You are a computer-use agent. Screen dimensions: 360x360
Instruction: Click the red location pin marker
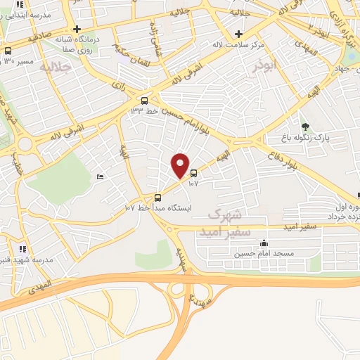(180, 166)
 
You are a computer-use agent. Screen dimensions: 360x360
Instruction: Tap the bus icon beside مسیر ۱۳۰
(8, 51)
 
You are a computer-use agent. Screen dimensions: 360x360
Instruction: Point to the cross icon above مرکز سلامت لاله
(239, 34)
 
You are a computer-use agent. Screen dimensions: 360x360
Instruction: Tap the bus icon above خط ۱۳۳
(144, 101)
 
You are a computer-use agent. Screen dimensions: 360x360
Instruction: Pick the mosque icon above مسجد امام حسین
(263, 243)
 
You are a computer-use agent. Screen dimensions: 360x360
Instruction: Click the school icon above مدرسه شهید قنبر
(23, 248)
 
